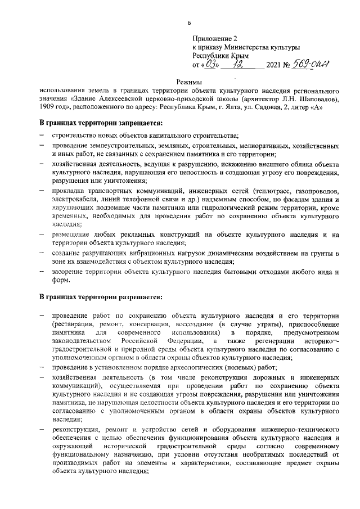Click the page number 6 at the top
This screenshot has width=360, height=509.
[x=189, y=22]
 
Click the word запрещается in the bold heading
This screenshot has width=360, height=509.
[x=137, y=123]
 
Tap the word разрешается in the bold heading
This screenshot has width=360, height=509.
[x=137, y=296]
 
